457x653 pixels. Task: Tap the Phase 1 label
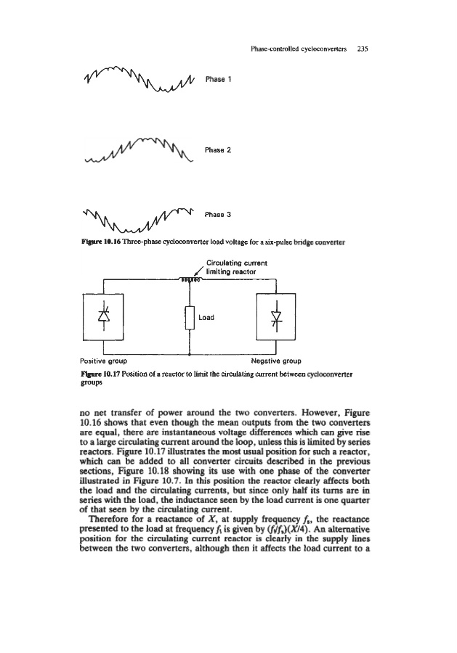[217, 76]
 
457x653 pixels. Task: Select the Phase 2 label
[217, 150]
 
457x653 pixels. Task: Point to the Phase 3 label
[217, 215]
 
